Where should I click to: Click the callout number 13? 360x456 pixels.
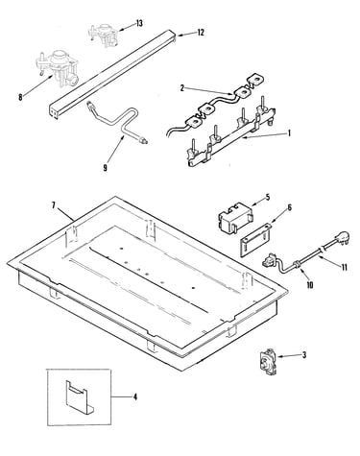click(139, 23)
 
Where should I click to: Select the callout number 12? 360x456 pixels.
click(201, 33)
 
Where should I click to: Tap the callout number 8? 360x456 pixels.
click(20, 97)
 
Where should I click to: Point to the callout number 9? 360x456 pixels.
click(105, 167)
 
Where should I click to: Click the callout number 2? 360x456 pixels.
click(182, 88)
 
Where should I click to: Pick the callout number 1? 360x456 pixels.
click(289, 132)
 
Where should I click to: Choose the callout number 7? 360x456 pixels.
click(54, 205)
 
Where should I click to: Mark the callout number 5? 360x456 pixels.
click(268, 197)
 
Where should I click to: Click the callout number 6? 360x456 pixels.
click(290, 207)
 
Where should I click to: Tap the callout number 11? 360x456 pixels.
click(344, 267)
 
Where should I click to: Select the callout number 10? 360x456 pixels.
click(310, 284)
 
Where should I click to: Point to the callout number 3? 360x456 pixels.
click(304, 355)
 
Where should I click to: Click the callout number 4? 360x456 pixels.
click(135, 397)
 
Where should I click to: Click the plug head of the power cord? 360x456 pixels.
click(342, 238)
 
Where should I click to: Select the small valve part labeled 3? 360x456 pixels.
click(267, 361)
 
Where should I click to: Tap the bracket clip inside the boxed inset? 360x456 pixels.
click(79, 396)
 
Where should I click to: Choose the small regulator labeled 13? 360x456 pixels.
click(103, 35)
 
